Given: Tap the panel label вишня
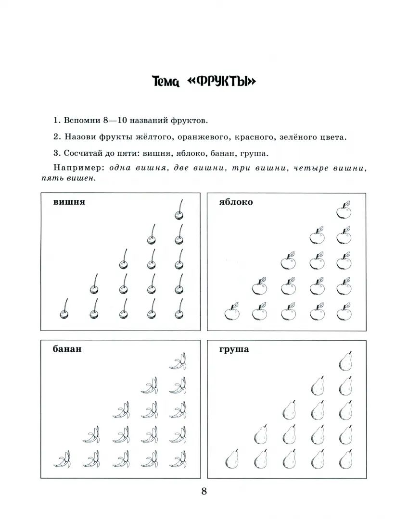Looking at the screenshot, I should click(69, 202).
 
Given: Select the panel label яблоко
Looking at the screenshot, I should click(236, 202).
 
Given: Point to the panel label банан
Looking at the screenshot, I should click(67, 349).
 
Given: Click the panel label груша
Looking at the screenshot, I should click(234, 349).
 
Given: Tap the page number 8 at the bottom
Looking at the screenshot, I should click(204, 491).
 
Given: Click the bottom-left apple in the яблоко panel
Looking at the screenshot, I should click(231, 312).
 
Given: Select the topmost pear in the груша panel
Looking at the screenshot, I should click(345, 361).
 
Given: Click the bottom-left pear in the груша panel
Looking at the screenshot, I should click(232, 460).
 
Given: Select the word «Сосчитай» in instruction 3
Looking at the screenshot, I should click(83, 153).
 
